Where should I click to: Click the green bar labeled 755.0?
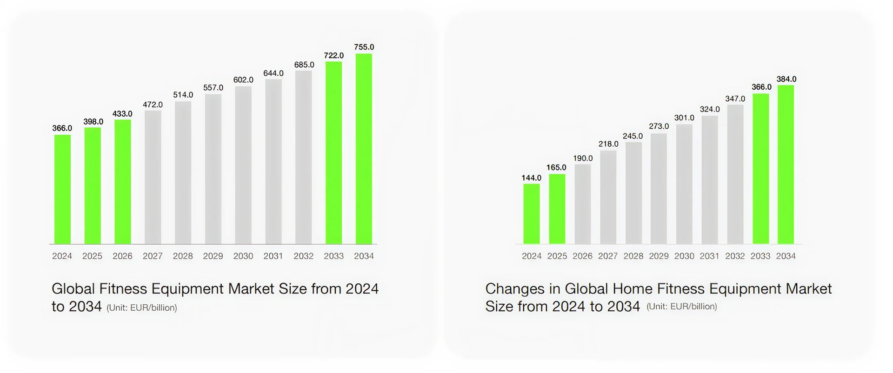tap(364, 149)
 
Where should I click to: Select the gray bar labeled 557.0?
tap(213, 169)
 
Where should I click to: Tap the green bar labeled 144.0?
tap(532, 214)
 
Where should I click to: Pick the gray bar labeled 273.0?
tap(659, 189)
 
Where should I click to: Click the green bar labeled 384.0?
tap(786, 164)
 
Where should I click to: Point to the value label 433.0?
tap(122, 114)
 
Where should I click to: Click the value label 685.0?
tap(304, 65)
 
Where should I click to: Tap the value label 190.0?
tap(583, 158)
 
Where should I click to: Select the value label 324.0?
tap(710, 109)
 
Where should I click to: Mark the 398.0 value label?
tap(93, 122)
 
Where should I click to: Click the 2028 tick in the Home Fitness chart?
tap(633, 256)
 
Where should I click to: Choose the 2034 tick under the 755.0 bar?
tap(364, 256)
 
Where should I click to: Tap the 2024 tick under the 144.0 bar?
tap(532, 256)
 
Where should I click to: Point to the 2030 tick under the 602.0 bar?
tap(243, 256)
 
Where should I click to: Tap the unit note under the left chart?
tap(142, 308)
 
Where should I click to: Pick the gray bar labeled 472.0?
tap(153, 177)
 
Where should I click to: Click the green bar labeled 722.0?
tap(333, 153)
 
